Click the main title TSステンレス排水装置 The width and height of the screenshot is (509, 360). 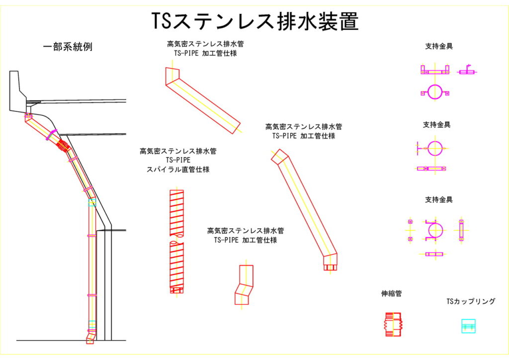click(254, 21)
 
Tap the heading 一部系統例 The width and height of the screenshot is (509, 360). click(68, 47)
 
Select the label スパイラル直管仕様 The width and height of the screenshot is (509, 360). click(177, 170)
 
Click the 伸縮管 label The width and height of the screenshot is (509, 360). click(391, 294)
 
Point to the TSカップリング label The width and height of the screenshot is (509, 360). click(471, 301)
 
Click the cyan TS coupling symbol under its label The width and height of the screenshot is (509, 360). click(468, 326)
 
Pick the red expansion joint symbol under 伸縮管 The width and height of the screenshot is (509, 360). click(393, 325)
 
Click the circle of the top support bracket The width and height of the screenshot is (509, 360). click(435, 92)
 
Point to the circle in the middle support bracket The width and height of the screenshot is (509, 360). click(434, 148)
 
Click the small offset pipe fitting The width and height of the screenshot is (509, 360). click(245, 285)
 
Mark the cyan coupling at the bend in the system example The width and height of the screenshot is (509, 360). click(92, 202)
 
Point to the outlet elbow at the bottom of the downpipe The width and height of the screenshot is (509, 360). click(90, 338)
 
